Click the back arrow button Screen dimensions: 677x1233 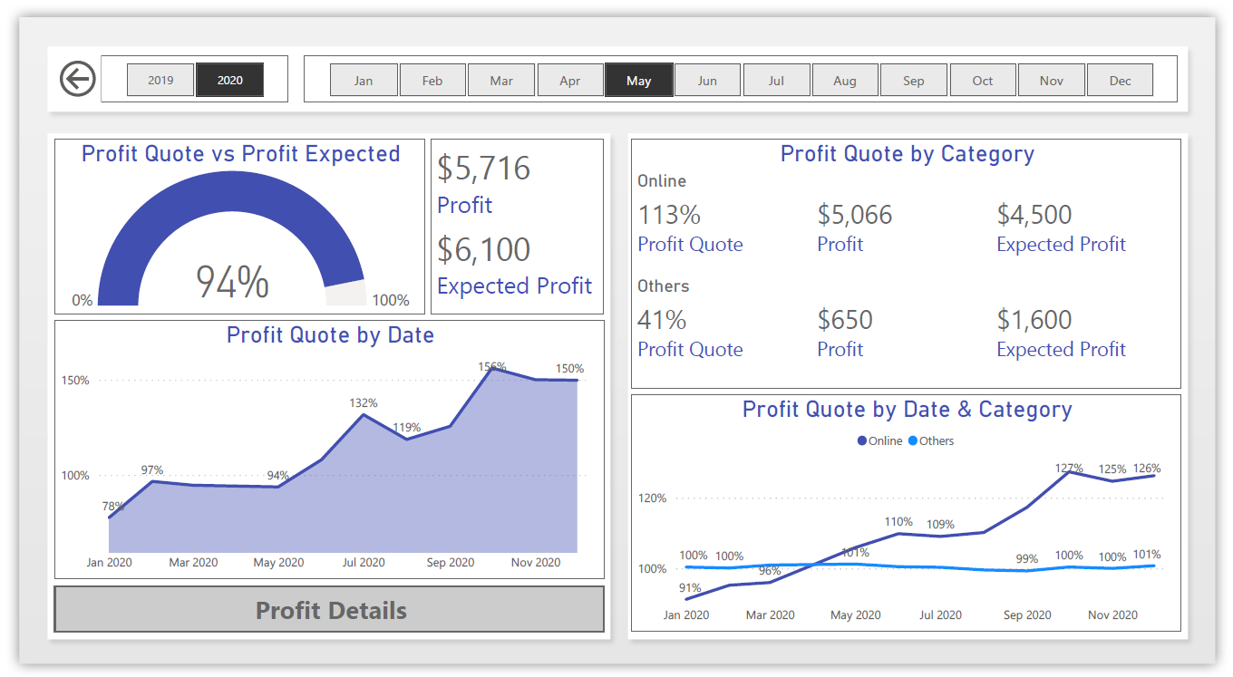point(78,79)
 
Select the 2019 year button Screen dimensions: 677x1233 point(160,80)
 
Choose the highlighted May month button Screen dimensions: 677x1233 point(638,80)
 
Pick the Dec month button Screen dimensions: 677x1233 point(1120,80)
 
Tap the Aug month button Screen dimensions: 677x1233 point(844,80)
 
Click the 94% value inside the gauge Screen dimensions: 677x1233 point(232,282)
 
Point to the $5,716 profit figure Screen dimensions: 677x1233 point(483,169)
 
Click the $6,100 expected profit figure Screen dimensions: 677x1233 point(483,249)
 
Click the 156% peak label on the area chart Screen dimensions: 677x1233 point(492,367)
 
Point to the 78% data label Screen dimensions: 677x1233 point(113,506)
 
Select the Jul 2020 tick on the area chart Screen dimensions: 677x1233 point(363,562)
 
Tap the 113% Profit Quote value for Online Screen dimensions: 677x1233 point(669,215)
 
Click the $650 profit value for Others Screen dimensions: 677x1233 point(845,320)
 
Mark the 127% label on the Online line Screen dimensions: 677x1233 point(1069,469)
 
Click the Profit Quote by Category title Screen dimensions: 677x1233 point(907,154)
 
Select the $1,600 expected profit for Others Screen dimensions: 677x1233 point(1034,320)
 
